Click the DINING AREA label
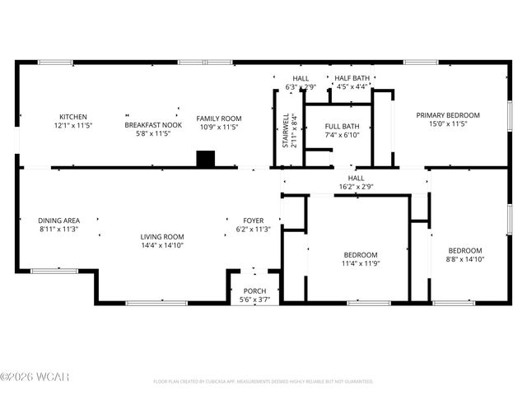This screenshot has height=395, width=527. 58,221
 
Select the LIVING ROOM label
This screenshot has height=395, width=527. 161,236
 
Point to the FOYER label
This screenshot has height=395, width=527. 253,221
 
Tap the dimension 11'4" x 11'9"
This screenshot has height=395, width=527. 361,263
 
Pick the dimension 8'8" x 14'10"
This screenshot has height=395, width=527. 464,259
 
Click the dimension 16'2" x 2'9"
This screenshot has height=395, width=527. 356,187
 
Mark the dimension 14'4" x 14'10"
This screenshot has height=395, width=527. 161,245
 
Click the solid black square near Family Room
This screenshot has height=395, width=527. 204,159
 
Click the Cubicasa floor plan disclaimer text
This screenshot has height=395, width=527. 263,382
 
